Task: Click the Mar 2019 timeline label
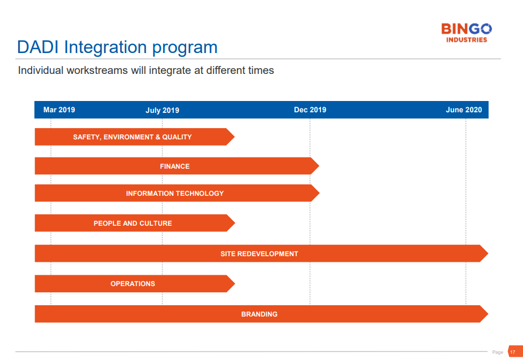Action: point(59,110)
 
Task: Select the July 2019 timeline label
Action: point(162,111)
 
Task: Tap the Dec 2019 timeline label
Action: point(310,110)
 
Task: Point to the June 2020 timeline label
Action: point(464,110)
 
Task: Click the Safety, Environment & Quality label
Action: point(133,137)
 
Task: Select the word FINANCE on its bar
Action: point(175,166)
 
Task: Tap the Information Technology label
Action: point(175,194)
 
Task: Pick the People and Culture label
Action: point(133,223)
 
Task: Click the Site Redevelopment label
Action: point(259,254)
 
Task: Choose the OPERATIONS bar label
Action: point(133,284)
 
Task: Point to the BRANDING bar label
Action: point(259,314)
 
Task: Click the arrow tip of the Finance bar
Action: point(319,166)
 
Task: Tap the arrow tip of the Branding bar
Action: point(489,314)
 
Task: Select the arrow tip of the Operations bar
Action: point(235,284)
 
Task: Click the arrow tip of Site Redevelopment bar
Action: point(489,253)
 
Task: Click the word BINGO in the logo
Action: point(466,29)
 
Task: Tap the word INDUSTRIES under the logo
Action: point(467,39)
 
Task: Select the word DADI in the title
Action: point(38,47)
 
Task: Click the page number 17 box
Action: point(515,352)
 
